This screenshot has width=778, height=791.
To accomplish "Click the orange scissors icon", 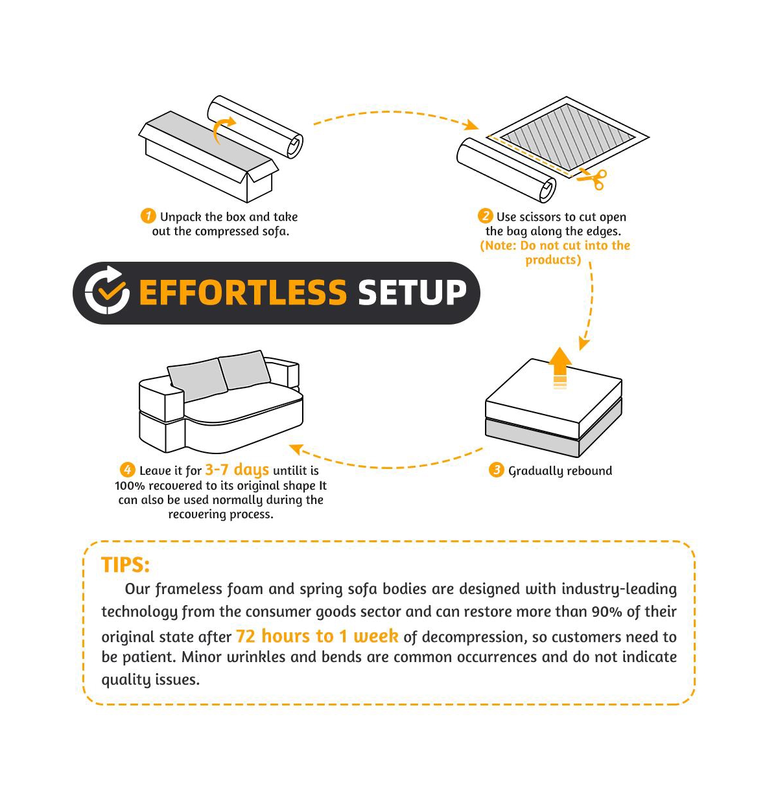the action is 593,179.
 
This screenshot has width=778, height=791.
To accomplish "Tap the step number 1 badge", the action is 148,216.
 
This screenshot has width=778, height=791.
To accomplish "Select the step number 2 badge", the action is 485,216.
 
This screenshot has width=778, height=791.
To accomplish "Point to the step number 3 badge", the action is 497,470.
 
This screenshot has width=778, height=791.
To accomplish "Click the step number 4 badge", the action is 128,470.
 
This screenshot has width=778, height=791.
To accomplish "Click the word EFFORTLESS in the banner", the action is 243,293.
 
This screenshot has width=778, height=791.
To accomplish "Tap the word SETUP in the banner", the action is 412,293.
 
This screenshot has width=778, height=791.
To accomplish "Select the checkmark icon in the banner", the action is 107,290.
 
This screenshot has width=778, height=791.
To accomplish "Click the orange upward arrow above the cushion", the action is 560,368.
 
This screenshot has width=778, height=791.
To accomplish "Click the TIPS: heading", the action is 125,565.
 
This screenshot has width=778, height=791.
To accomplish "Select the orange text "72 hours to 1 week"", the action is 317,636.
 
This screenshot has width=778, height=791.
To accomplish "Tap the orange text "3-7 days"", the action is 237,470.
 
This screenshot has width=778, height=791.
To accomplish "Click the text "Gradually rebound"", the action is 560,471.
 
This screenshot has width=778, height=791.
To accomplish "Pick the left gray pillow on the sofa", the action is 197,380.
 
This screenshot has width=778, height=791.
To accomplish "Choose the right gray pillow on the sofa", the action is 244,370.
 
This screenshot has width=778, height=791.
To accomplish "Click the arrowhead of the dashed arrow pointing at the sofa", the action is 296,450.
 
